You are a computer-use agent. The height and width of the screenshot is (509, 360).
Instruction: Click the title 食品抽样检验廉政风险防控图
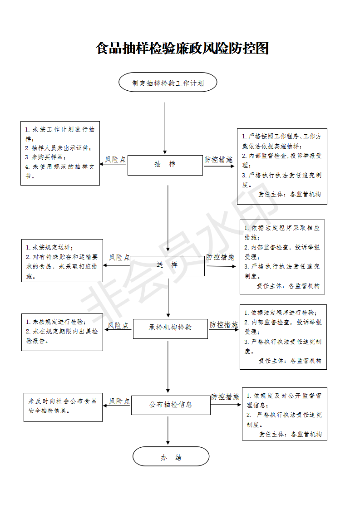[182, 49]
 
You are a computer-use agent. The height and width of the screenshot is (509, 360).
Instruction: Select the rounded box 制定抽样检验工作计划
[168, 82]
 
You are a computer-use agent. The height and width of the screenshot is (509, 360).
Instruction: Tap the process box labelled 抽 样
[165, 165]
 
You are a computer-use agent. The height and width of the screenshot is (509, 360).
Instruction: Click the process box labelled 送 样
[168, 266]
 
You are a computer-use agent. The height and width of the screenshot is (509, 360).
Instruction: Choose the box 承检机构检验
[170, 328]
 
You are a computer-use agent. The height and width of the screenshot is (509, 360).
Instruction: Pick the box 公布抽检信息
[171, 405]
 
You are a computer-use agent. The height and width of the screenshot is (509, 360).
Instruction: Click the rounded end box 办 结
[171, 456]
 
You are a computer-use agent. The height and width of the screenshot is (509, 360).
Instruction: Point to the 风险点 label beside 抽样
[115, 159]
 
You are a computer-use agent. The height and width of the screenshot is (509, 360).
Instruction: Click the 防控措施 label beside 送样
[220, 257]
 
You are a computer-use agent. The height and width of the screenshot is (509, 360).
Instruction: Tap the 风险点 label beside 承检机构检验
[118, 325]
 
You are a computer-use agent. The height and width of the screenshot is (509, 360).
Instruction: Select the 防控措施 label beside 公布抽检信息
[225, 396]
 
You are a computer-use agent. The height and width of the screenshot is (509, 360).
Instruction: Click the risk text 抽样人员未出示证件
[58, 148]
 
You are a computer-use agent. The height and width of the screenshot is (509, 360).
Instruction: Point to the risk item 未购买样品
[45, 157]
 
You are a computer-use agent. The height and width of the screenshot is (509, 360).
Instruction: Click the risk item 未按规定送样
[49, 247]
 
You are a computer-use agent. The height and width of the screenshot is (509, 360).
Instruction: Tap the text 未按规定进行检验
[56, 322]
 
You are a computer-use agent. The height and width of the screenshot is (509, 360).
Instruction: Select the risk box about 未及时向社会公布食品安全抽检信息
[63, 407]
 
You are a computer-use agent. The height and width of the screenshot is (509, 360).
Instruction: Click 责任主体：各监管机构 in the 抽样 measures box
[290, 194]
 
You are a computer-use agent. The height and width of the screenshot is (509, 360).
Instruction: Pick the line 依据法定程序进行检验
[281, 313]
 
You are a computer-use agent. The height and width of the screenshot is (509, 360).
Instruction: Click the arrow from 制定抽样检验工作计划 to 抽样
[165, 128]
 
